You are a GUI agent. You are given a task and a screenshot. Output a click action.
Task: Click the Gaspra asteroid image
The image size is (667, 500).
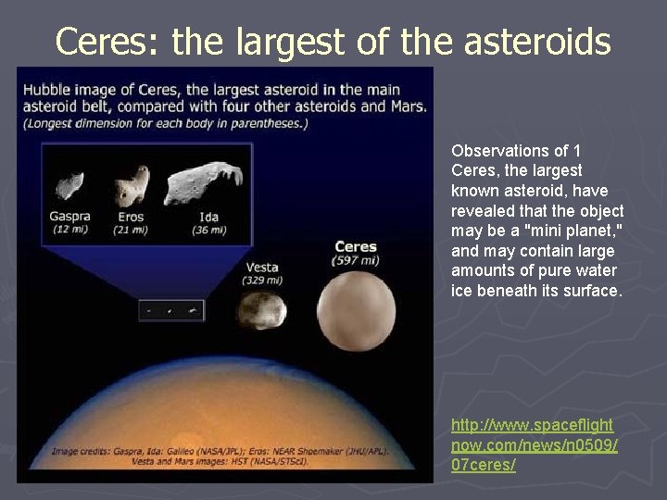(x=69, y=185)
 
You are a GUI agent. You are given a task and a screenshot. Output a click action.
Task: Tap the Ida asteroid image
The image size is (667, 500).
(x=202, y=182)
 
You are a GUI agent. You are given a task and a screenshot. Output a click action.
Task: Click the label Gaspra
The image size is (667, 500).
(x=70, y=217)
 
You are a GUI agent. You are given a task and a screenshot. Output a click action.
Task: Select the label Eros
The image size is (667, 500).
(x=132, y=217)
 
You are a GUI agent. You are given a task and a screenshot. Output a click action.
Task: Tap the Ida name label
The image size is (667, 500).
(x=209, y=217)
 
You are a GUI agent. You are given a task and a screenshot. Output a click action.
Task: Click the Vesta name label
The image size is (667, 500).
(x=262, y=268)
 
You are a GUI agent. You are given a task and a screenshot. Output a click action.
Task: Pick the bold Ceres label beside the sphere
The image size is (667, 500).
(x=356, y=246)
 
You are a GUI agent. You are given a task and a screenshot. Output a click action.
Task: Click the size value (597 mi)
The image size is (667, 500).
(x=356, y=261)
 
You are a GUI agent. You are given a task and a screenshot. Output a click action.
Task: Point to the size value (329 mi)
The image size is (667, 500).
(x=262, y=280)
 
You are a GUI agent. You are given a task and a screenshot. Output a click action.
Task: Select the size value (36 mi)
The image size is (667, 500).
(x=209, y=229)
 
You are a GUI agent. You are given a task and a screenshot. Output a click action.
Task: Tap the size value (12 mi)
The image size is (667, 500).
(x=70, y=229)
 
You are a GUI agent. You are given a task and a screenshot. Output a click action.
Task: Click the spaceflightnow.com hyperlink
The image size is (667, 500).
(x=532, y=444)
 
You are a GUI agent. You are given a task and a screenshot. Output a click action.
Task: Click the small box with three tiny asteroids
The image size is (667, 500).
(x=171, y=311)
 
